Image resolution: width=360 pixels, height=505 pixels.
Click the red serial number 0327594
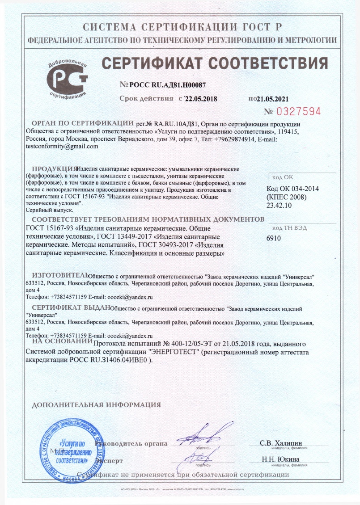click(x=299, y=111)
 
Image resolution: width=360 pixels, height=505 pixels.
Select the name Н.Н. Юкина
click(x=281, y=459)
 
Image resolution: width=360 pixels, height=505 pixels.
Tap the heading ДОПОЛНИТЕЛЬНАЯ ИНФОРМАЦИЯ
click(x=97, y=405)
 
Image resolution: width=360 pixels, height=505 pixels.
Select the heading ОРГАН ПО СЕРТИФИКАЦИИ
click(x=82, y=123)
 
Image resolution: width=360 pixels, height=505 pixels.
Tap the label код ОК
click(x=282, y=177)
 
